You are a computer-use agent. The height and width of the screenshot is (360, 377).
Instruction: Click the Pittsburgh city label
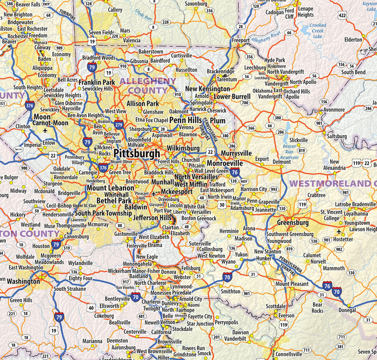[x=137, y=154]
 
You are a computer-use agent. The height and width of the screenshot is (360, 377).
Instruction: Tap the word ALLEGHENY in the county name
[x=148, y=81]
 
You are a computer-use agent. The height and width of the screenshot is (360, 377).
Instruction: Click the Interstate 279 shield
[x=119, y=125]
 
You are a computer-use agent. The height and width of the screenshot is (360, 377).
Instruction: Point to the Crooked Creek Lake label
[x=317, y=31]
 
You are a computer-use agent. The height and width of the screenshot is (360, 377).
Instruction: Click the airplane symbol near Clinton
[x=46, y=130]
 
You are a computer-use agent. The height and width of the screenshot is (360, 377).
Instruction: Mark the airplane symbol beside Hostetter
[x=338, y=232]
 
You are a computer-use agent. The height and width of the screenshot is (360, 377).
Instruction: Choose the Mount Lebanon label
[x=110, y=188]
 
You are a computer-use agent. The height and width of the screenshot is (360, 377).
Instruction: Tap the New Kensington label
[x=207, y=89]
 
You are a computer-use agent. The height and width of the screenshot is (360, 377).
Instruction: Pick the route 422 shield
[x=342, y=15]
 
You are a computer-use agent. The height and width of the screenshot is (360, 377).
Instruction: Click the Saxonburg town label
[x=196, y=3]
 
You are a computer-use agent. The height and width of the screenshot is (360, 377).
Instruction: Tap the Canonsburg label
[x=76, y=236]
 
